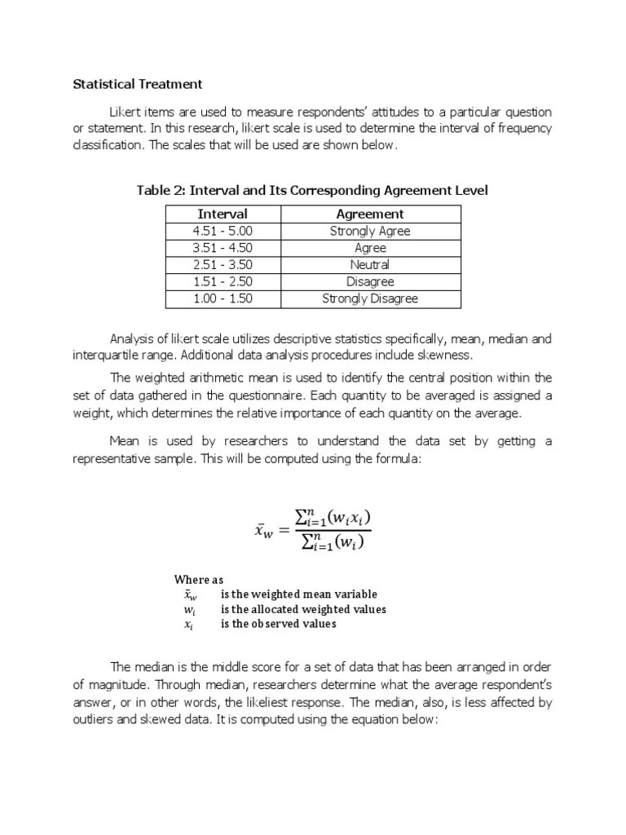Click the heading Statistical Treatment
[x=138, y=84]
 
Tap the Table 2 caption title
[x=313, y=190]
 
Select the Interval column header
[x=223, y=214]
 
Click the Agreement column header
[x=369, y=214]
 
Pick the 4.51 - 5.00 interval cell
[x=223, y=231]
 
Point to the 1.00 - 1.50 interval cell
[x=223, y=298]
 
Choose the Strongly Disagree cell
[x=369, y=298]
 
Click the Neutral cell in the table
[x=369, y=265]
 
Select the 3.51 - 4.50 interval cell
[x=223, y=248]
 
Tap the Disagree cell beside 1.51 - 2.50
[x=369, y=281]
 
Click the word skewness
[x=445, y=356]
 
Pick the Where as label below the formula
[x=198, y=580]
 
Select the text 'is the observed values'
[x=278, y=624]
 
